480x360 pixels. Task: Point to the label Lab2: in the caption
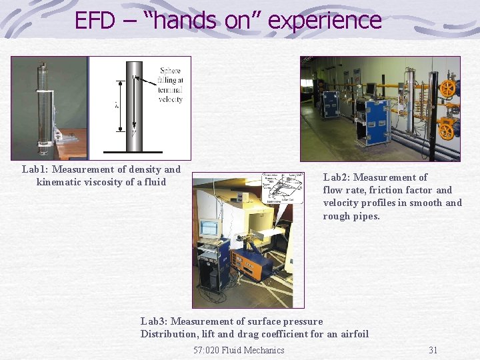click(x=336, y=177)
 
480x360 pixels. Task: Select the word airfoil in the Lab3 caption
click(x=352, y=334)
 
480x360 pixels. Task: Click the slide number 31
click(x=433, y=350)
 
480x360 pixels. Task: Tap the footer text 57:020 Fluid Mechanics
click(x=239, y=350)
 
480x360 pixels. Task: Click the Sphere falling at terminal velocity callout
click(x=171, y=85)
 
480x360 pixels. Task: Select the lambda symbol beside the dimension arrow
click(x=117, y=105)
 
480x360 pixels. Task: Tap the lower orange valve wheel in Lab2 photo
click(x=447, y=131)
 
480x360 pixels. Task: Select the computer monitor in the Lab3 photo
click(x=209, y=228)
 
